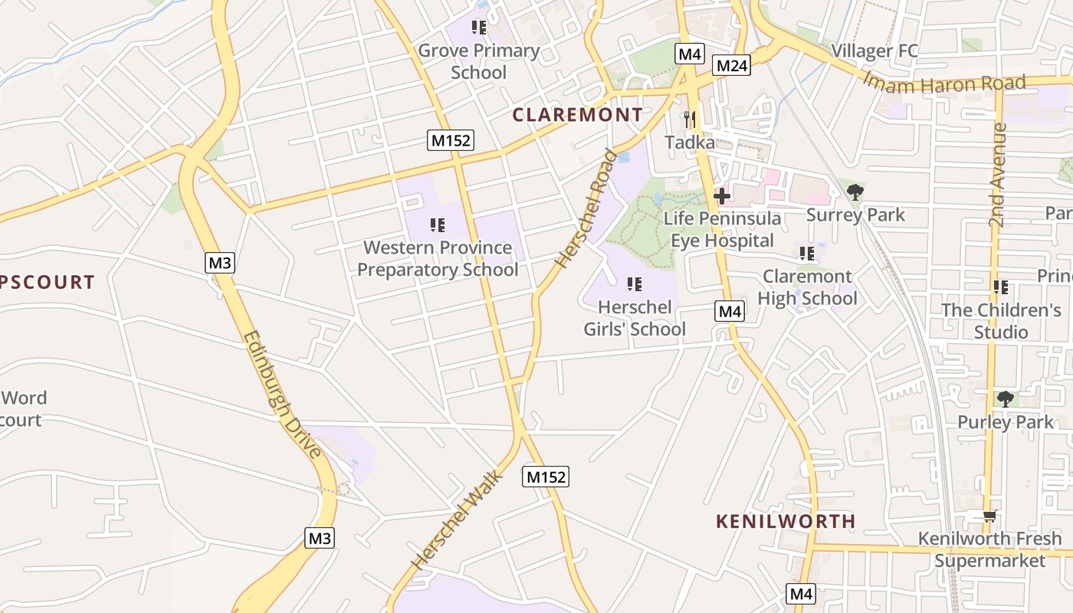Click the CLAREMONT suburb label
(x=578, y=115)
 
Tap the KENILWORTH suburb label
(x=786, y=521)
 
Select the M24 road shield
(x=730, y=66)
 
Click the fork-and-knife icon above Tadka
(x=690, y=120)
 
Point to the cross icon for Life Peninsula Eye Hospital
(x=720, y=196)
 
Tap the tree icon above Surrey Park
(x=855, y=192)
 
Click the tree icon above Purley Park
(x=1005, y=399)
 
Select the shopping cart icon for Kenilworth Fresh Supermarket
(x=989, y=516)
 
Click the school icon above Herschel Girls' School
(x=634, y=285)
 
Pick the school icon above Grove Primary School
(x=479, y=28)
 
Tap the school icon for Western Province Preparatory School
(x=438, y=225)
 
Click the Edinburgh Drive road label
(x=282, y=394)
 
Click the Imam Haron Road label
(x=943, y=82)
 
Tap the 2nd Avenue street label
(x=996, y=175)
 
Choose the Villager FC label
(x=874, y=51)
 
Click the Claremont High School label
(x=807, y=287)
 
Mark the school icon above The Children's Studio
(x=1000, y=287)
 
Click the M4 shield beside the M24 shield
(x=690, y=54)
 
